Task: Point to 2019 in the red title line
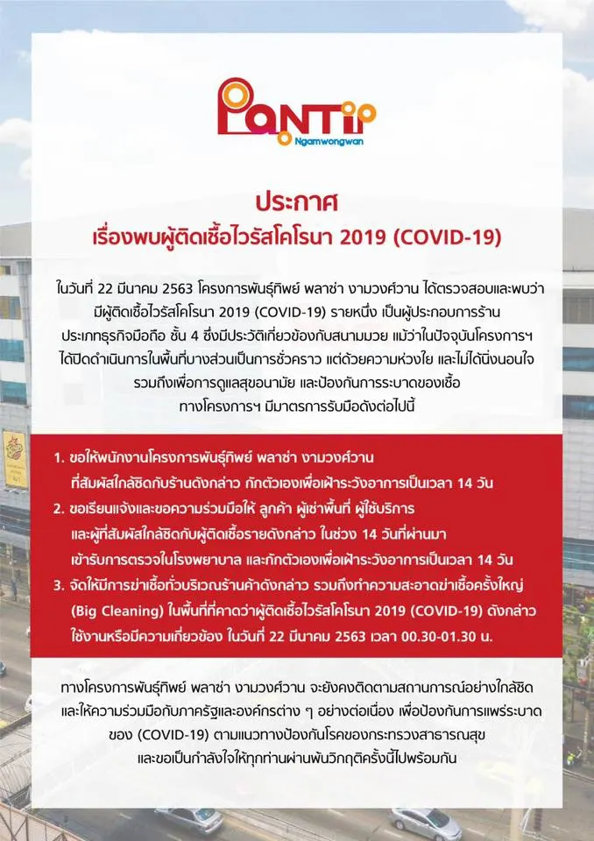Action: [363, 237]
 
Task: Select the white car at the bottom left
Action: [188, 820]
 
